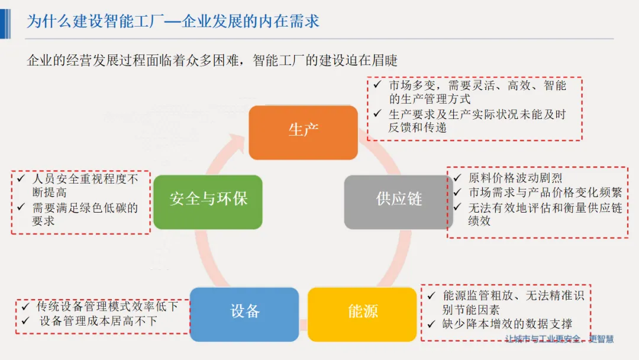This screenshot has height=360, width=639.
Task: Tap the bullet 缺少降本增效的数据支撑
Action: pyautogui.click(x=507, y=324)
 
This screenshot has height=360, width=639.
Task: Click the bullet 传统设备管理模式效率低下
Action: pyautogui.click(x=106, y=307)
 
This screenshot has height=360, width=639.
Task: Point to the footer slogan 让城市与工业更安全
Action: pyautogui.click(x=559, y=339)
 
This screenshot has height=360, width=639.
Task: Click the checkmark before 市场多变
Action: pyautogui.click(x=377, y=85)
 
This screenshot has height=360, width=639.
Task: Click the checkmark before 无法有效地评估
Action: pyautogui.click(x=457, y=207)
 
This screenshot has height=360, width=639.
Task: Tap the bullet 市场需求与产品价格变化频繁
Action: pyautogui.click(x=545, y=193)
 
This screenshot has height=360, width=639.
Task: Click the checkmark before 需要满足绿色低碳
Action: pyautogui.click(x=21, y=207)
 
